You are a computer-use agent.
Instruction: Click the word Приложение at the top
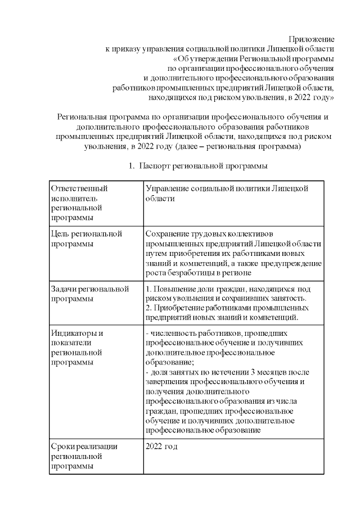click(x=311, y=39)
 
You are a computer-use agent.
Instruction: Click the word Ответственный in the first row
click(x=79, y=188)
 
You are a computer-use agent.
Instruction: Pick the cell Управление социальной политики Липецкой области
click(x=227, y=193)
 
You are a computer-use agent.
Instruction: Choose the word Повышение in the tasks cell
click(x=175, y=289)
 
